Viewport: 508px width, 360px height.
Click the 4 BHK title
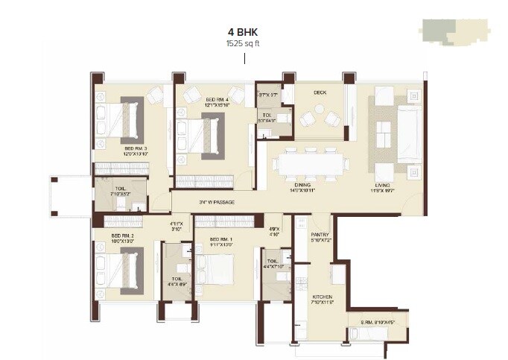tap(243, 33)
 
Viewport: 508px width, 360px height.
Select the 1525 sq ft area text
tap(243, 44)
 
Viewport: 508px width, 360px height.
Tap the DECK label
tap(320, 93)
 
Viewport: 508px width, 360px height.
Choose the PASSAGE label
tap(218, 202)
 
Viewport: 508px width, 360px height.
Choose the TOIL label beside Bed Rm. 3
tap(119, 189)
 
